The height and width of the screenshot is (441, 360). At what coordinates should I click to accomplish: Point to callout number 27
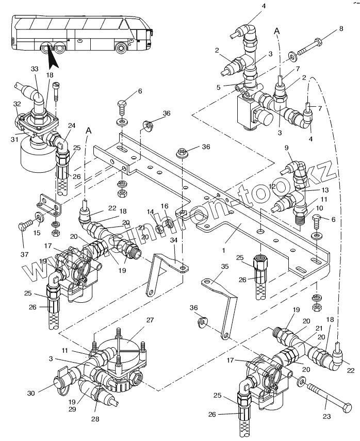point(150,320)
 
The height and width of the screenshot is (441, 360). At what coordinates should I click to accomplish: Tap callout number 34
point(174,240)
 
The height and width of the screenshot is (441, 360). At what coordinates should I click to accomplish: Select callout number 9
point(287,149)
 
